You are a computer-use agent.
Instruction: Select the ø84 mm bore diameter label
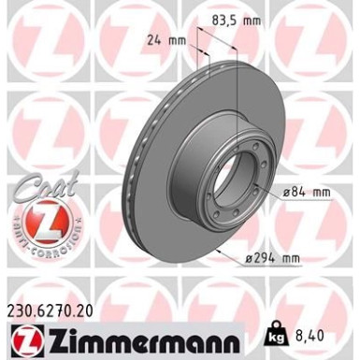pyautogui.click(x=306, y=192)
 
